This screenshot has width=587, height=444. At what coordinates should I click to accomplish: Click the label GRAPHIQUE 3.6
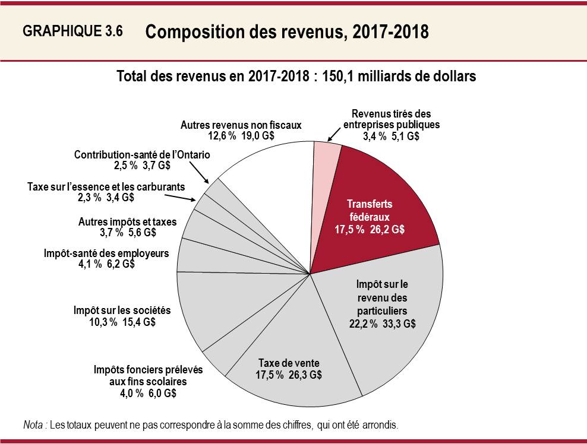[72, 31]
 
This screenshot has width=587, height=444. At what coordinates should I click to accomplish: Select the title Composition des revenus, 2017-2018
[286, 31]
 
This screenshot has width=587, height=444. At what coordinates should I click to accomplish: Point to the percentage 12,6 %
[219, 136]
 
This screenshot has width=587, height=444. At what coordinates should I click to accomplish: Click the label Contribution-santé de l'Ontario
[142, 155]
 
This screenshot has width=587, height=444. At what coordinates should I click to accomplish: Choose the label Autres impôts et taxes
[128, 221]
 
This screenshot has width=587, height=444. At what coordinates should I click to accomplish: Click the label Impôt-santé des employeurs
[106, 253]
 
